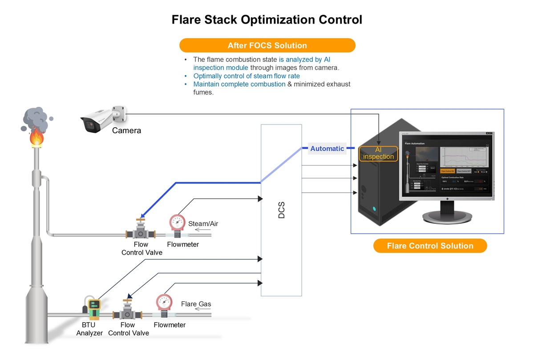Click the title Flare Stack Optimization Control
click(x=267, y=20)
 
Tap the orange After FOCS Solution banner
click(x=267, y=45)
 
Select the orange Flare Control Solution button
click(x=430, y=246)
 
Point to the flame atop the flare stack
click(x=36, y=137)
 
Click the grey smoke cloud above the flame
click(x=36, y=118)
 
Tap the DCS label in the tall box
click(x=281, y=210)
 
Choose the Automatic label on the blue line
click(x=327, y=149)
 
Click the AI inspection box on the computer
click(x=378, y=153)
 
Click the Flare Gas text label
click(x=196, y=304)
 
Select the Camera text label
click(x=126, y=130)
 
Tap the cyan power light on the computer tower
click(x=374, y=209)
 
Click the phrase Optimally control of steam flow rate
click(x=247, y=76)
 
